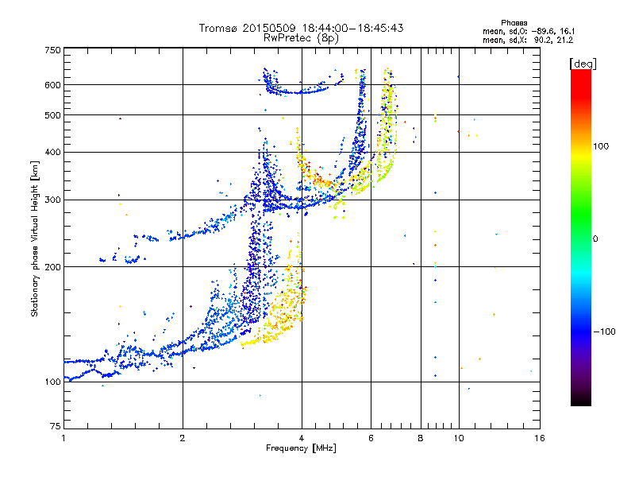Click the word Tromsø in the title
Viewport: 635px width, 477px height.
[x=218, y=28]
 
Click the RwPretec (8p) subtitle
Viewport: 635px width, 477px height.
[x=301, y=37]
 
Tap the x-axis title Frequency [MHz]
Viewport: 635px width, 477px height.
[x=301, y=448]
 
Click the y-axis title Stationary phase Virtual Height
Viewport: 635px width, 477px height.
[x=35, y=238]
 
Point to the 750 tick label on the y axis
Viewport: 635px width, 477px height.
[x=52, y=49]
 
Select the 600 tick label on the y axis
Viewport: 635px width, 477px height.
[x=52, y=84]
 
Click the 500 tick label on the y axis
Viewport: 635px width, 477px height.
[x=52, y=114]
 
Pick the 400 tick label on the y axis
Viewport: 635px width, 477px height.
[x=52, y=152]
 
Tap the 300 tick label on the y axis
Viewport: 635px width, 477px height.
[x=52, y=200]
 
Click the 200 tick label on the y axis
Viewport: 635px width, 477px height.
[x=52, y=266]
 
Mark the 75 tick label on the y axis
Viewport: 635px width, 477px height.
[x=54, y=429]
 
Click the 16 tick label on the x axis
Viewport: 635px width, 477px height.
[x=539, y=438]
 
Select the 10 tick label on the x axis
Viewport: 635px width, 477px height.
[x=459, y=438]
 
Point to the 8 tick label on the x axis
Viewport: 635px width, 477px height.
[x=421, y=438]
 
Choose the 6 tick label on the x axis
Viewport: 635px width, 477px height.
[x=371, y=438]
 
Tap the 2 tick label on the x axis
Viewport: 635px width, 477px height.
[x=183, y=438]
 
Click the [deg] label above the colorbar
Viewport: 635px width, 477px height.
[x=583, y=63]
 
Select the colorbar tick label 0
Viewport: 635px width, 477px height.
[x=595, y=238]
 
